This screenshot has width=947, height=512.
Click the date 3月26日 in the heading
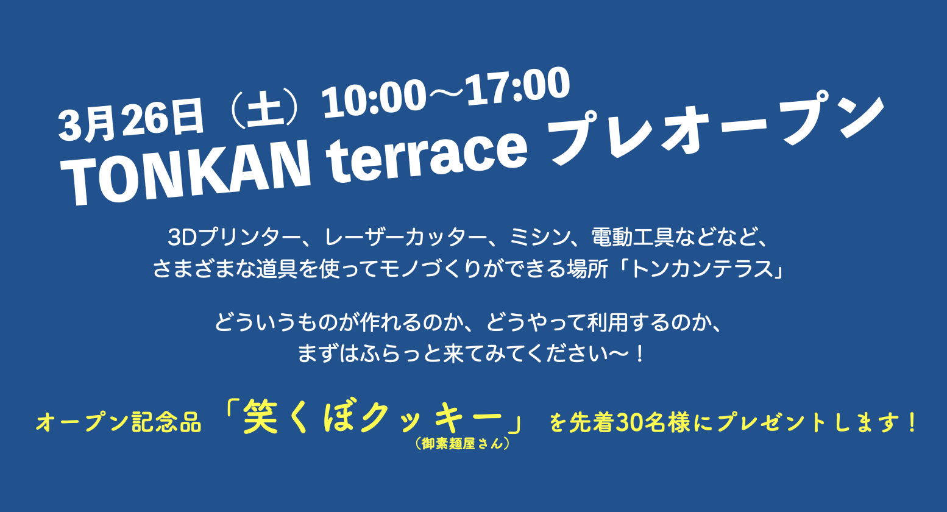tap(131, 119)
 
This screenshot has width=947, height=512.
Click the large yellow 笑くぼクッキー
tap(373, 417)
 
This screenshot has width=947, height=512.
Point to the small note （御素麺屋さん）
tap(462, 444)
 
